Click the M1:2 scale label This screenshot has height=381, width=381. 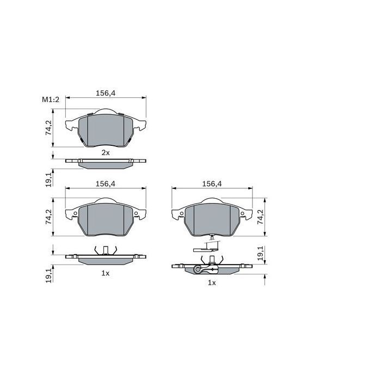(x=50, y=100)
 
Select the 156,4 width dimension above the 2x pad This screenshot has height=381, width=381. (x=106, y=93)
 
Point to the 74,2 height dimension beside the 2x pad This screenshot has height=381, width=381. (x=48, y=128)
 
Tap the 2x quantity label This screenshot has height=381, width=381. (x=106, y=153)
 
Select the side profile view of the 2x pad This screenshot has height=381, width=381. (x=106, y=162)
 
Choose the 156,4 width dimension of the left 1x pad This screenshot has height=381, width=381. (x=106, y=184)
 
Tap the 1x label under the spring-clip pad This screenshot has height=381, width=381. (x=106, y=273)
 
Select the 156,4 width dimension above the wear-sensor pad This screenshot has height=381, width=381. (x=212, y=184)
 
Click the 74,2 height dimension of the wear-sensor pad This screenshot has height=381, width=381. (x=260, y=217)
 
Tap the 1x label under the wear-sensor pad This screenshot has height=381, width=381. (x=212, y=283)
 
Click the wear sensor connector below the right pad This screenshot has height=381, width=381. (x=207, y=248)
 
